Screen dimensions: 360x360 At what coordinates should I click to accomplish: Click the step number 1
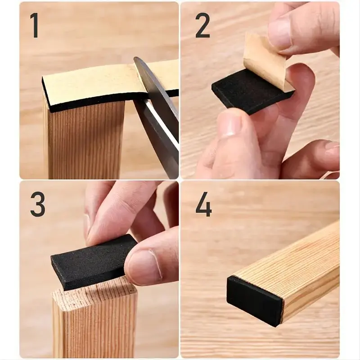pyautogui.click(x=35, y=25)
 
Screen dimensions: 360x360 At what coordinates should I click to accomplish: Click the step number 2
pyautogui.click(x=202, y=25)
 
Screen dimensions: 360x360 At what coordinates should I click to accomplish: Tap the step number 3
pyautogui.click(x=38, y=204)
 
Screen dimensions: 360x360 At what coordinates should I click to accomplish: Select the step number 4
pyautogui.click(x=204, y=204)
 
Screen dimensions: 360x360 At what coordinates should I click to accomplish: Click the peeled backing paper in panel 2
pyautogui.click(x=267, y=60)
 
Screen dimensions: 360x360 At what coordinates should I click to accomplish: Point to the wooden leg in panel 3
pyautogui.click(x=94, y=321)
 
